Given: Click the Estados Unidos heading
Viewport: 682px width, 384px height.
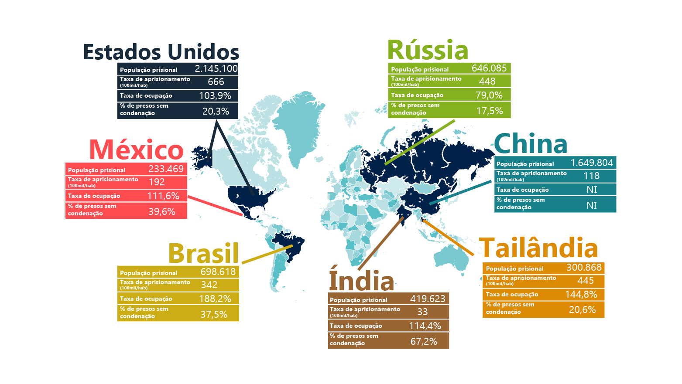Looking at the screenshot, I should pyautogui.click(x=161, y=52).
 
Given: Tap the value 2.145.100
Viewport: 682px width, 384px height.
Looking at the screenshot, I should pyautogui.click(x=216, y=68).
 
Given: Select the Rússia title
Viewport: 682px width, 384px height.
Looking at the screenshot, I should pyautogui.click(x=428, y=50).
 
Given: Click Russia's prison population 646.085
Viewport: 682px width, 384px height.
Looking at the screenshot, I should pyautogui.click(x=489, y=68).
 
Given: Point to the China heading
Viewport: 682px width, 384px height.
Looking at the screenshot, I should pyautogui.click(x=530, y=144).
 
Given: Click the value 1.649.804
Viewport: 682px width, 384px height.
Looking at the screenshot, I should pyautogui.click(x=592, y=163).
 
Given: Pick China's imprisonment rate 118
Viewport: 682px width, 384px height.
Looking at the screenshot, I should pyautogui.click(x=592, y=176).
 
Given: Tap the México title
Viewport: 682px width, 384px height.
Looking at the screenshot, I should pyautogui.click(x=136, y=150).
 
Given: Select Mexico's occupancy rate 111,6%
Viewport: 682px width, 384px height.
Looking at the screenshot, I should pyautogui.click(x=163, y=196).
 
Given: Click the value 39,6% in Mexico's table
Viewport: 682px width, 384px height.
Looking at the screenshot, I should pyautogui.click(x=162, y=211).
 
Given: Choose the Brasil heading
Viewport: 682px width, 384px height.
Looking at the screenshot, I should pyautogui.click(x=203, y=253).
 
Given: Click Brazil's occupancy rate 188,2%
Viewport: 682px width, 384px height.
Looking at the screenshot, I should pyautogui.click(x=215, y=299).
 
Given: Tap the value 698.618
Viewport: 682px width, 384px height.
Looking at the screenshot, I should pyautogui.click(x=218, y=272).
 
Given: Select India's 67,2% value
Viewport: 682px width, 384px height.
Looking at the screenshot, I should pyautogui.click(x=424, y=341).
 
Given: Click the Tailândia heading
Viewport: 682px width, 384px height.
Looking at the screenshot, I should pyautogui.click(x=538, y=248).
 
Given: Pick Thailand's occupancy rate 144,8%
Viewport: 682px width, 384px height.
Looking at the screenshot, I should pyautogui.click(x=581, y=294).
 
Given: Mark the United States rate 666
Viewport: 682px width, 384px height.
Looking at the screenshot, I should pyautogui.click(x=216, y=82).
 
